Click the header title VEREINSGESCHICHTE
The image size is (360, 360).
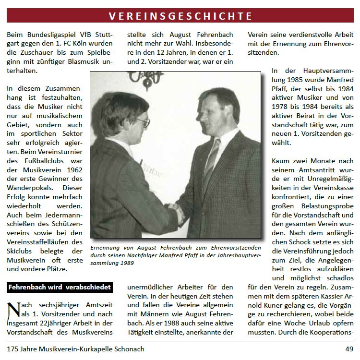pos(180,15)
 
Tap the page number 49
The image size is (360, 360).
pos(349,349)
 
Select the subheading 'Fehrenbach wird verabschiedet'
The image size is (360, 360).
pos(60,288)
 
